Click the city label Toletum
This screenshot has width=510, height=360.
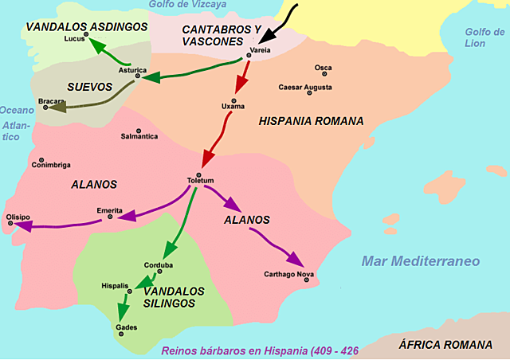point(200,181)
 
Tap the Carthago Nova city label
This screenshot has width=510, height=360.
point(296,274)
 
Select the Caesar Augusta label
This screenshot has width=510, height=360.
point(305,87)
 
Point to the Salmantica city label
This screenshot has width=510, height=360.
point(139,137)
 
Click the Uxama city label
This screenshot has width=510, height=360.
point(233,106)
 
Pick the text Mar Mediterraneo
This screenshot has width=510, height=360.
point(420,261)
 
